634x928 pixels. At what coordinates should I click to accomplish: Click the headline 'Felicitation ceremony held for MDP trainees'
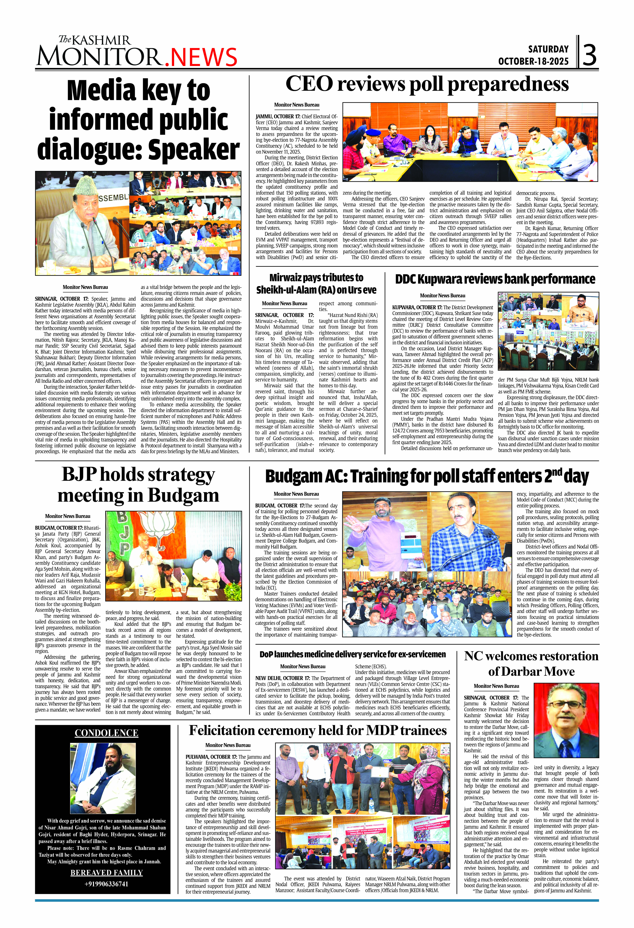(318, 730)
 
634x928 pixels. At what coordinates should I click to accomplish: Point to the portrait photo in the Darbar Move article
(566, 721)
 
